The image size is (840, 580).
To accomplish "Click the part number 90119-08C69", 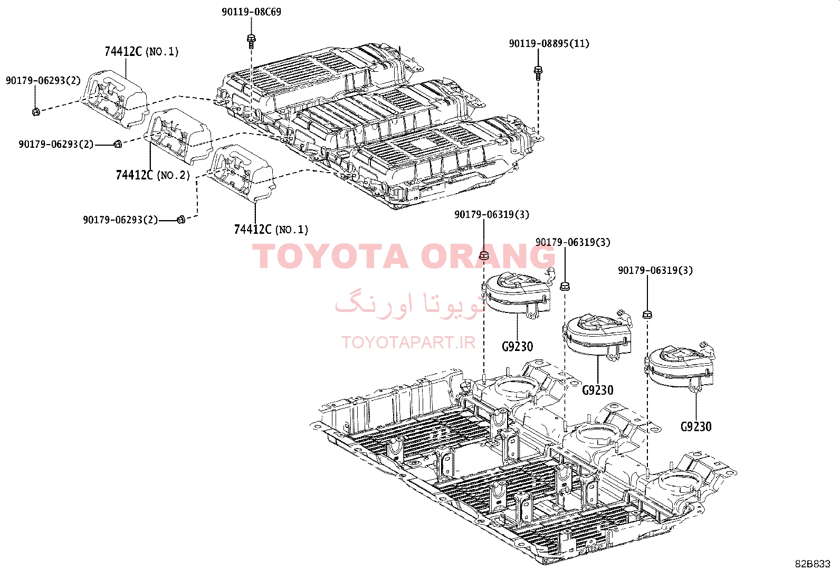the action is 251,12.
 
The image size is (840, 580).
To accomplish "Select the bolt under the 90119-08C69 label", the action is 251,41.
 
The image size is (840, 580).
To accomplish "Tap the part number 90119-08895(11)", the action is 549,43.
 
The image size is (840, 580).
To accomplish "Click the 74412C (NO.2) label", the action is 152,175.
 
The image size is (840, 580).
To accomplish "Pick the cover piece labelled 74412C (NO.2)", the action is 178,136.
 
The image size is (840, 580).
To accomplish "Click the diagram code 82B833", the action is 812,564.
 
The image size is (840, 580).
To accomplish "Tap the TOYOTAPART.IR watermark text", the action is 408,342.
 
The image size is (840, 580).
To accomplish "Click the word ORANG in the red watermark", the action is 488,256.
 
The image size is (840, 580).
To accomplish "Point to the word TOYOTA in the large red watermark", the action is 330,256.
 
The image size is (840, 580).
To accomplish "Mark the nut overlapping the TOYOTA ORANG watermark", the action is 484,255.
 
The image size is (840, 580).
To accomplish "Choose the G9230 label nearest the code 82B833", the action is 696,426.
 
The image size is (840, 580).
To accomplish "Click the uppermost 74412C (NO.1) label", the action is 141,51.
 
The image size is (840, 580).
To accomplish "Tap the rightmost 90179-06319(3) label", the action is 655,270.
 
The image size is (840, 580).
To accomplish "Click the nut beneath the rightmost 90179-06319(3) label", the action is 647,315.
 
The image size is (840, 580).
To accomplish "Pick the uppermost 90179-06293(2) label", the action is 43,80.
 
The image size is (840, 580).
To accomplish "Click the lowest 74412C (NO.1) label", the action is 271,229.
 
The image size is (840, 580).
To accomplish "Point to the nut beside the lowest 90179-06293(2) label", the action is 181,220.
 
